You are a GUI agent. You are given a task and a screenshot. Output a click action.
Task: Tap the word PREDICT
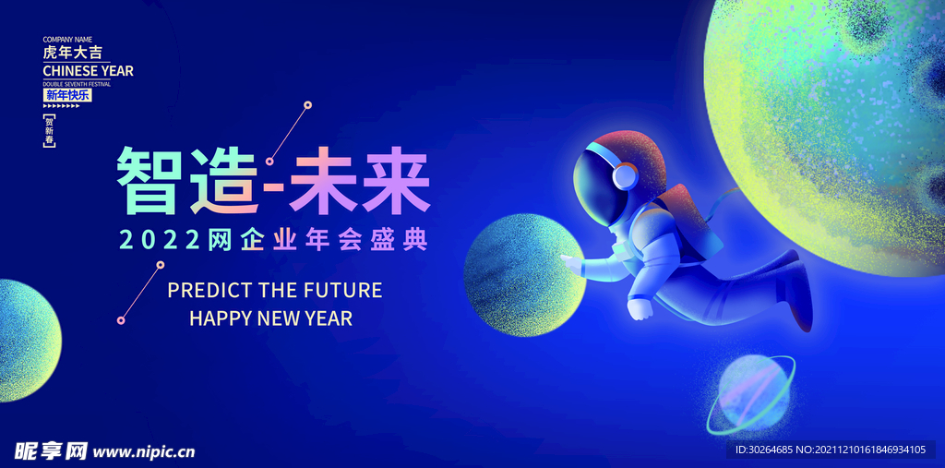pos(209,291)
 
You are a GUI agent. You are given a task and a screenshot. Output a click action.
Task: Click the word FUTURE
pos(341,291)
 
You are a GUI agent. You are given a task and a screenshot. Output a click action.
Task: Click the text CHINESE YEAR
pos(88,71)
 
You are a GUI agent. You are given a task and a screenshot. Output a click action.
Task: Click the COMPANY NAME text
pos(69,40)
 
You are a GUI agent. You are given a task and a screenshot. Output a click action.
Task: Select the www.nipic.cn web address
pos(145,451)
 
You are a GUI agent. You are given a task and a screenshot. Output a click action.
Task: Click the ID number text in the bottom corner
pos(830,450)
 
